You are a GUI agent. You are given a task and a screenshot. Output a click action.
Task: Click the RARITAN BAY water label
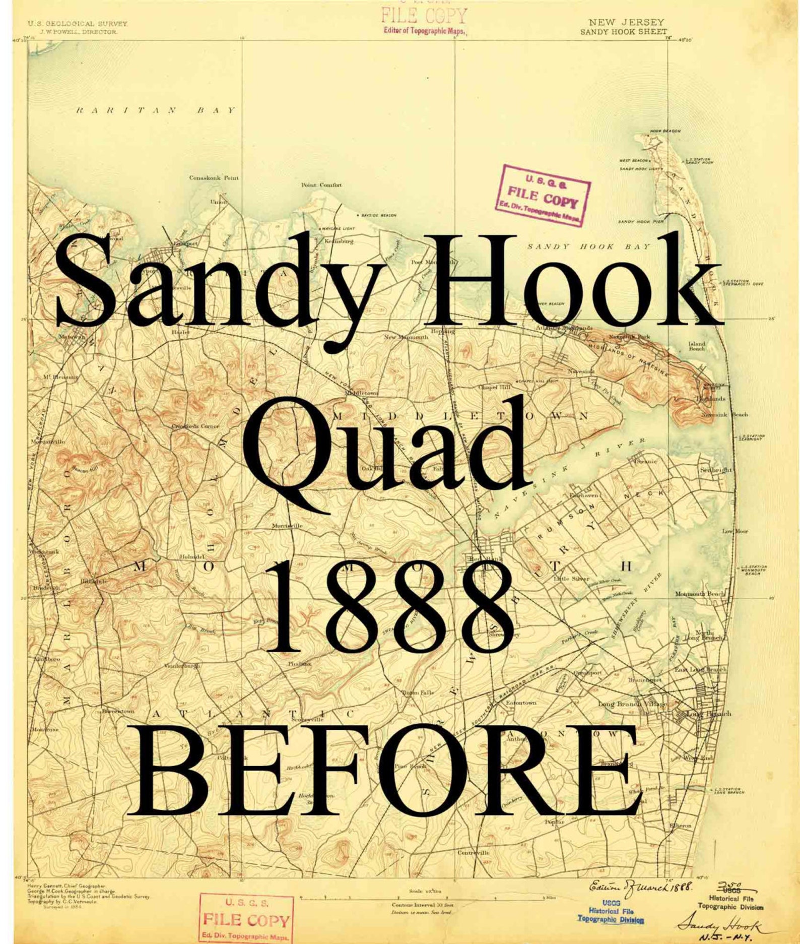click(x=156, y=110)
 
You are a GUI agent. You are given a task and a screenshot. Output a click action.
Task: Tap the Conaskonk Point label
click(x=214, y=177)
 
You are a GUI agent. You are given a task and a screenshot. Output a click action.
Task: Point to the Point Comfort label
click(x=321, y=185)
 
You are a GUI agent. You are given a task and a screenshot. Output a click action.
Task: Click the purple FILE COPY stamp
click(x=543, y=195)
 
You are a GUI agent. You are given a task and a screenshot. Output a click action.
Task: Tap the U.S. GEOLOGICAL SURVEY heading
click(x=78, y=24)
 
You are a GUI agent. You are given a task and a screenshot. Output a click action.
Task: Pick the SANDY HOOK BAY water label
click(x=588, y=246)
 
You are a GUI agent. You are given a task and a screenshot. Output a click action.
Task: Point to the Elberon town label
click(x=681, y=826)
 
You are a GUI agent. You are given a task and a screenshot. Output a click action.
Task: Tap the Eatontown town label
click(x=521, y=702)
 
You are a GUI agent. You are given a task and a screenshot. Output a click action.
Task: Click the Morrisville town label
click(x=287, y=526)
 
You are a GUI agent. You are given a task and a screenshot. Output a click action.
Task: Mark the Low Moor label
click(x=736, y=531)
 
